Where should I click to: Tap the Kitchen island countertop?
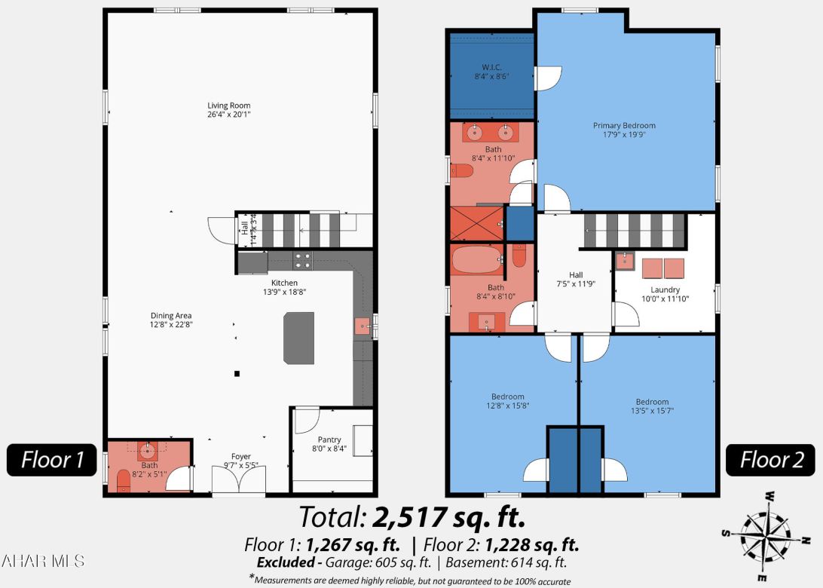pyautogui.click(x=298, y=338)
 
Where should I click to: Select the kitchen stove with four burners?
pyautogui.click(x=302, y=261)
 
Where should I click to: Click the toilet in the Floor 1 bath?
pyautogui.click(x=124, y=480)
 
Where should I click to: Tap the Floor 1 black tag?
pyautogui.click(x=52, y=459)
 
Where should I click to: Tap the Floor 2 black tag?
pyautogui.click(x=769, y=459)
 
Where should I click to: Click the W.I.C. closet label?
pyautogui.click(x=491, y=72)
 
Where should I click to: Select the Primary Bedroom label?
pyautogui.click(x=624, y=130)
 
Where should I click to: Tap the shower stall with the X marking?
pyautogui.click(x=476, y=223)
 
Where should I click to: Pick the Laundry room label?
pyautogui.click(x=665, y=294)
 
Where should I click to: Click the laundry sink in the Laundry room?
pyautogui.click(x=625, y=262)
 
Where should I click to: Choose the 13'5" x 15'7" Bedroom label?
pyautogui.click(x=652, y=406)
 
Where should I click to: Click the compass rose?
pyautogui.click(x=764, y=534)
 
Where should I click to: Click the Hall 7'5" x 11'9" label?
pyautogui.click(x=574, y=280)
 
